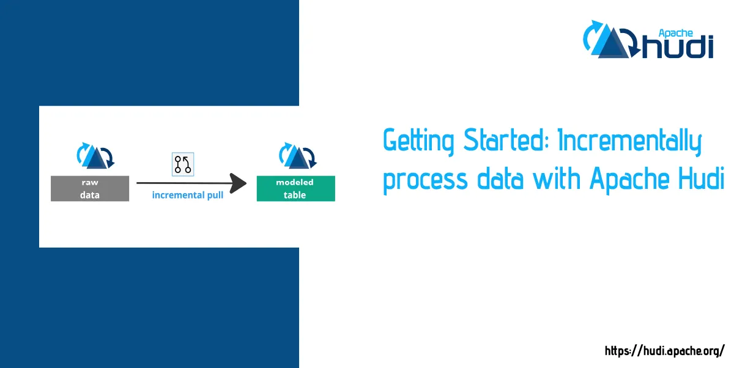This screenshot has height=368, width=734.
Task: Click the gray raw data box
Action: coord(90,188)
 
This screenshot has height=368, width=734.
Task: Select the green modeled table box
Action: coord(295,188)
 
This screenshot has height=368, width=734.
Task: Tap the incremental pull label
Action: coord(187,195)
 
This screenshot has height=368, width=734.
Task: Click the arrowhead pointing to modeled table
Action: coord(238,183)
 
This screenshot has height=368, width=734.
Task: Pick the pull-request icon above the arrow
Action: coord(183,164)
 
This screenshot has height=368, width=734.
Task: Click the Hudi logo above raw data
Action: coord(95,156)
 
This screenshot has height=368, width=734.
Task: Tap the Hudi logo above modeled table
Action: coord(297,156)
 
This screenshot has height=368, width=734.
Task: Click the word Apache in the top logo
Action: coord(676,34)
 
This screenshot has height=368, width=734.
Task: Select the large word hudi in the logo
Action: coord(678,47)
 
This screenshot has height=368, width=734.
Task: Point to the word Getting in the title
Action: coord(418,141)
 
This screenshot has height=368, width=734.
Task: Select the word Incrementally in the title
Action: coord(630,141)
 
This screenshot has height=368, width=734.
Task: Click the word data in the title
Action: coord(500,178)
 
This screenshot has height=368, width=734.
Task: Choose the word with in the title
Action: coord(557,178)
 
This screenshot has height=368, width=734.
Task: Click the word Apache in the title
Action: coord(629,180)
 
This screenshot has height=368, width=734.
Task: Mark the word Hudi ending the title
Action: coord(702,178)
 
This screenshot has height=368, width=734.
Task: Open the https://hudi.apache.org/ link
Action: coord(664,351)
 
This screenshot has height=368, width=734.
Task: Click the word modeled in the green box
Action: coord(295,182)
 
